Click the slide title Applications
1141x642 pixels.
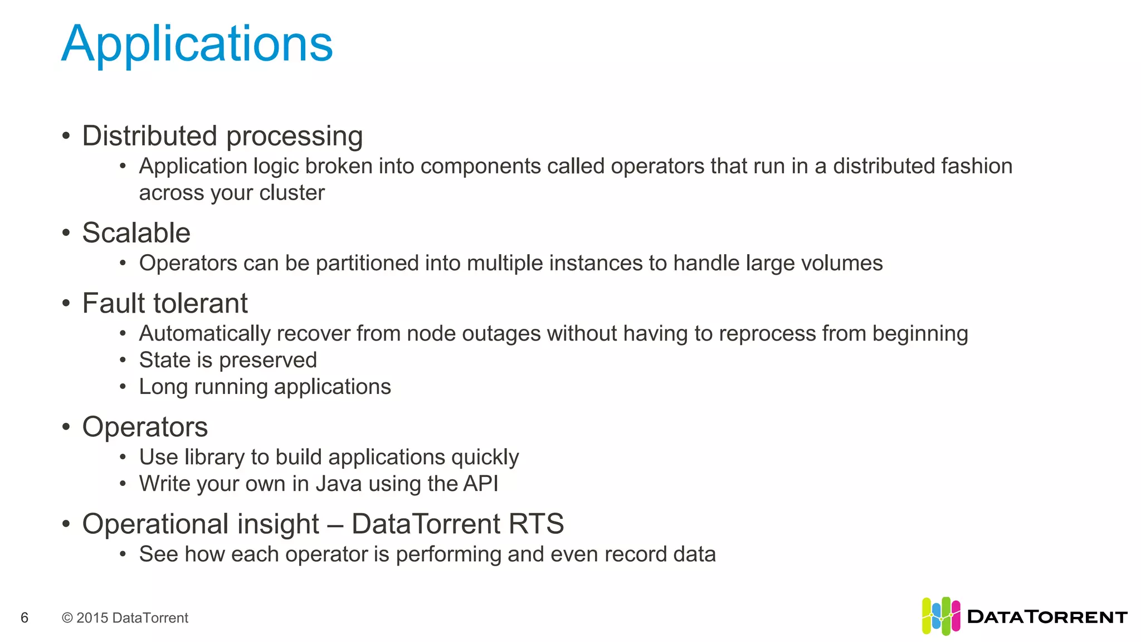tap(197, 44)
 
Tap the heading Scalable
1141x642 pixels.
tap(136, 233)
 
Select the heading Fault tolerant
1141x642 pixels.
tap(165, 304)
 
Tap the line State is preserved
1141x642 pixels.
tap(228, 360)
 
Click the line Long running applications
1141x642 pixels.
tap(265, 387)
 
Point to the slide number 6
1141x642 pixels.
tap(25, 617)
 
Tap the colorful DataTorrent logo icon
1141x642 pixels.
tap(941, 616)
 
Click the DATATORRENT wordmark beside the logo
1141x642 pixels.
tap(1047, 617)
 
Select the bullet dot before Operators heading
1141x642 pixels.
tap(66, 427)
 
